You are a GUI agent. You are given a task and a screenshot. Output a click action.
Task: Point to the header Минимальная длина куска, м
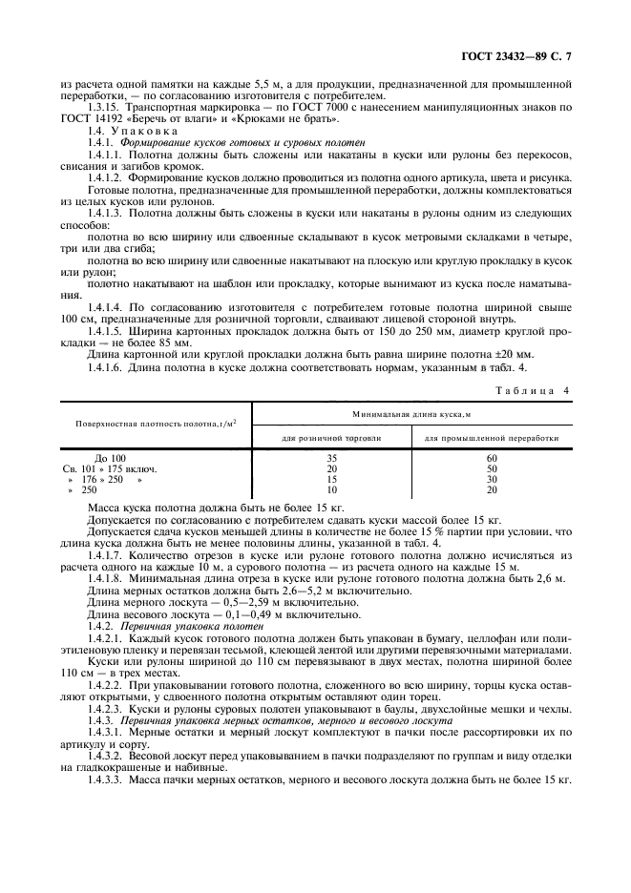(x=412, y=414)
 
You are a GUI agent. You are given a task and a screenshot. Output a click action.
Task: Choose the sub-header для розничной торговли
(x=331, y=438)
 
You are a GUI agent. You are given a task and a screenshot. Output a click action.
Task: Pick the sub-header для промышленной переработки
(x=492, y=438)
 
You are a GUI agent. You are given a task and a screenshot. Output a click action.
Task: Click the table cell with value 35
(x=331, y=459)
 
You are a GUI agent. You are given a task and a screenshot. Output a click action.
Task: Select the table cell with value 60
(x=492, y=459)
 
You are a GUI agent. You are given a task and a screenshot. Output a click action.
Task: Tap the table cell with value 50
(x=492, y=469)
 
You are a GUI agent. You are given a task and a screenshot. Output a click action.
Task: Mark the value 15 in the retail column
(x=331, y=479)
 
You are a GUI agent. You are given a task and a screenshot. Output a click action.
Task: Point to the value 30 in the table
(x=492, y=479)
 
